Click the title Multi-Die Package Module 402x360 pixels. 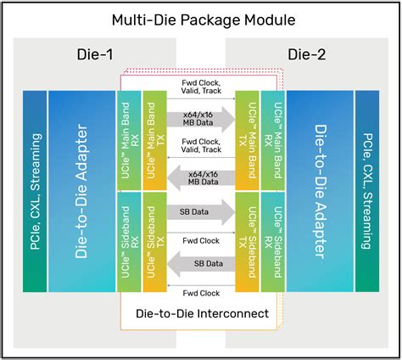(x=201, y=19)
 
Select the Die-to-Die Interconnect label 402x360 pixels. (x=202, y=313)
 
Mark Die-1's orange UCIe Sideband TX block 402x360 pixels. (x=154, y=239)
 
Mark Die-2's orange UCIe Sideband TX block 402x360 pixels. (x=248, y=239)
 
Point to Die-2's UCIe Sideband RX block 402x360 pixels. (x=274, y=239)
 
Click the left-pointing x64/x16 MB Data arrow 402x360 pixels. (x=201, y=177)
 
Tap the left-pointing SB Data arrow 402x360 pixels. (x=201, y=265)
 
